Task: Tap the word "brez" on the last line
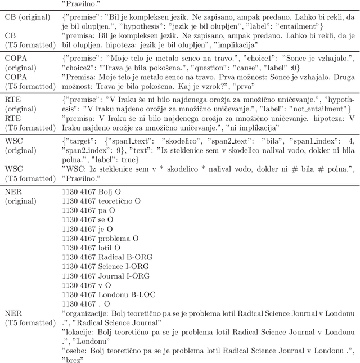pyautogui.click(x=73, y=360)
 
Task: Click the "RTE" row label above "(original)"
pyautogui.click(x=13, y=98)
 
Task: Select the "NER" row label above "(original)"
pyautogui.click(x=13, y=192)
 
